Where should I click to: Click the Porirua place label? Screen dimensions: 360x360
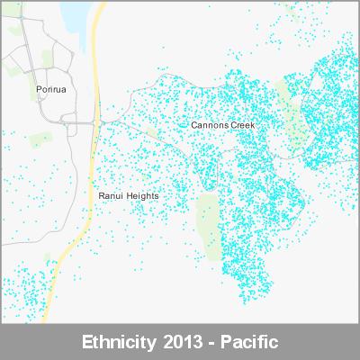coord(52,90)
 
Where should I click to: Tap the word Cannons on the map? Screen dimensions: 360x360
coord(210,125)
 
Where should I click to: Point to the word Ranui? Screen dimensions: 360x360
coord(112,194)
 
